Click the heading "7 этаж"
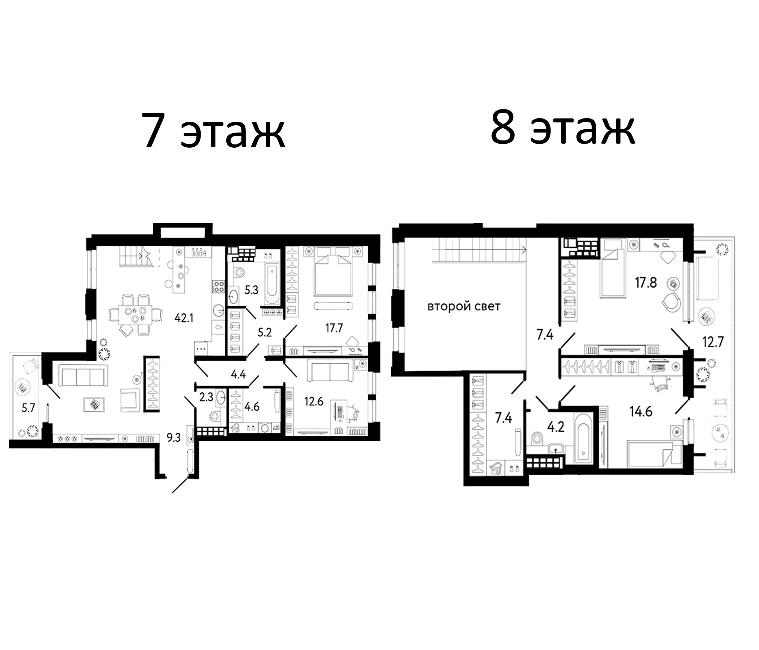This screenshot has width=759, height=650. coord(214,130)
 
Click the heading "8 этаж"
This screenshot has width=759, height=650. coord(563,128)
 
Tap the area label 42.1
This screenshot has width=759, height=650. coord(184,318)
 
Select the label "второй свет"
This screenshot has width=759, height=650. coord(464,306)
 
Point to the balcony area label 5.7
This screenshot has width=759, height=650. coord(28,408)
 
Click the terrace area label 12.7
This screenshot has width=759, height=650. coord(713,342)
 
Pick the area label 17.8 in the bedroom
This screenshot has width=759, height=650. coord(646,283)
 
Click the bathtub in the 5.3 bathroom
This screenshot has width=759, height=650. coord(272,280)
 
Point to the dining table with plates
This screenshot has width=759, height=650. coord(136,315)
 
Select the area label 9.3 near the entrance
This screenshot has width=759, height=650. coord(173,437)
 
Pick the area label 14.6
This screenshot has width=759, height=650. coord(641,411)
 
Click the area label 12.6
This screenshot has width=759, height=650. coord(314,401)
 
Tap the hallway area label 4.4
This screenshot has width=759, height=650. coord(238,374)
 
